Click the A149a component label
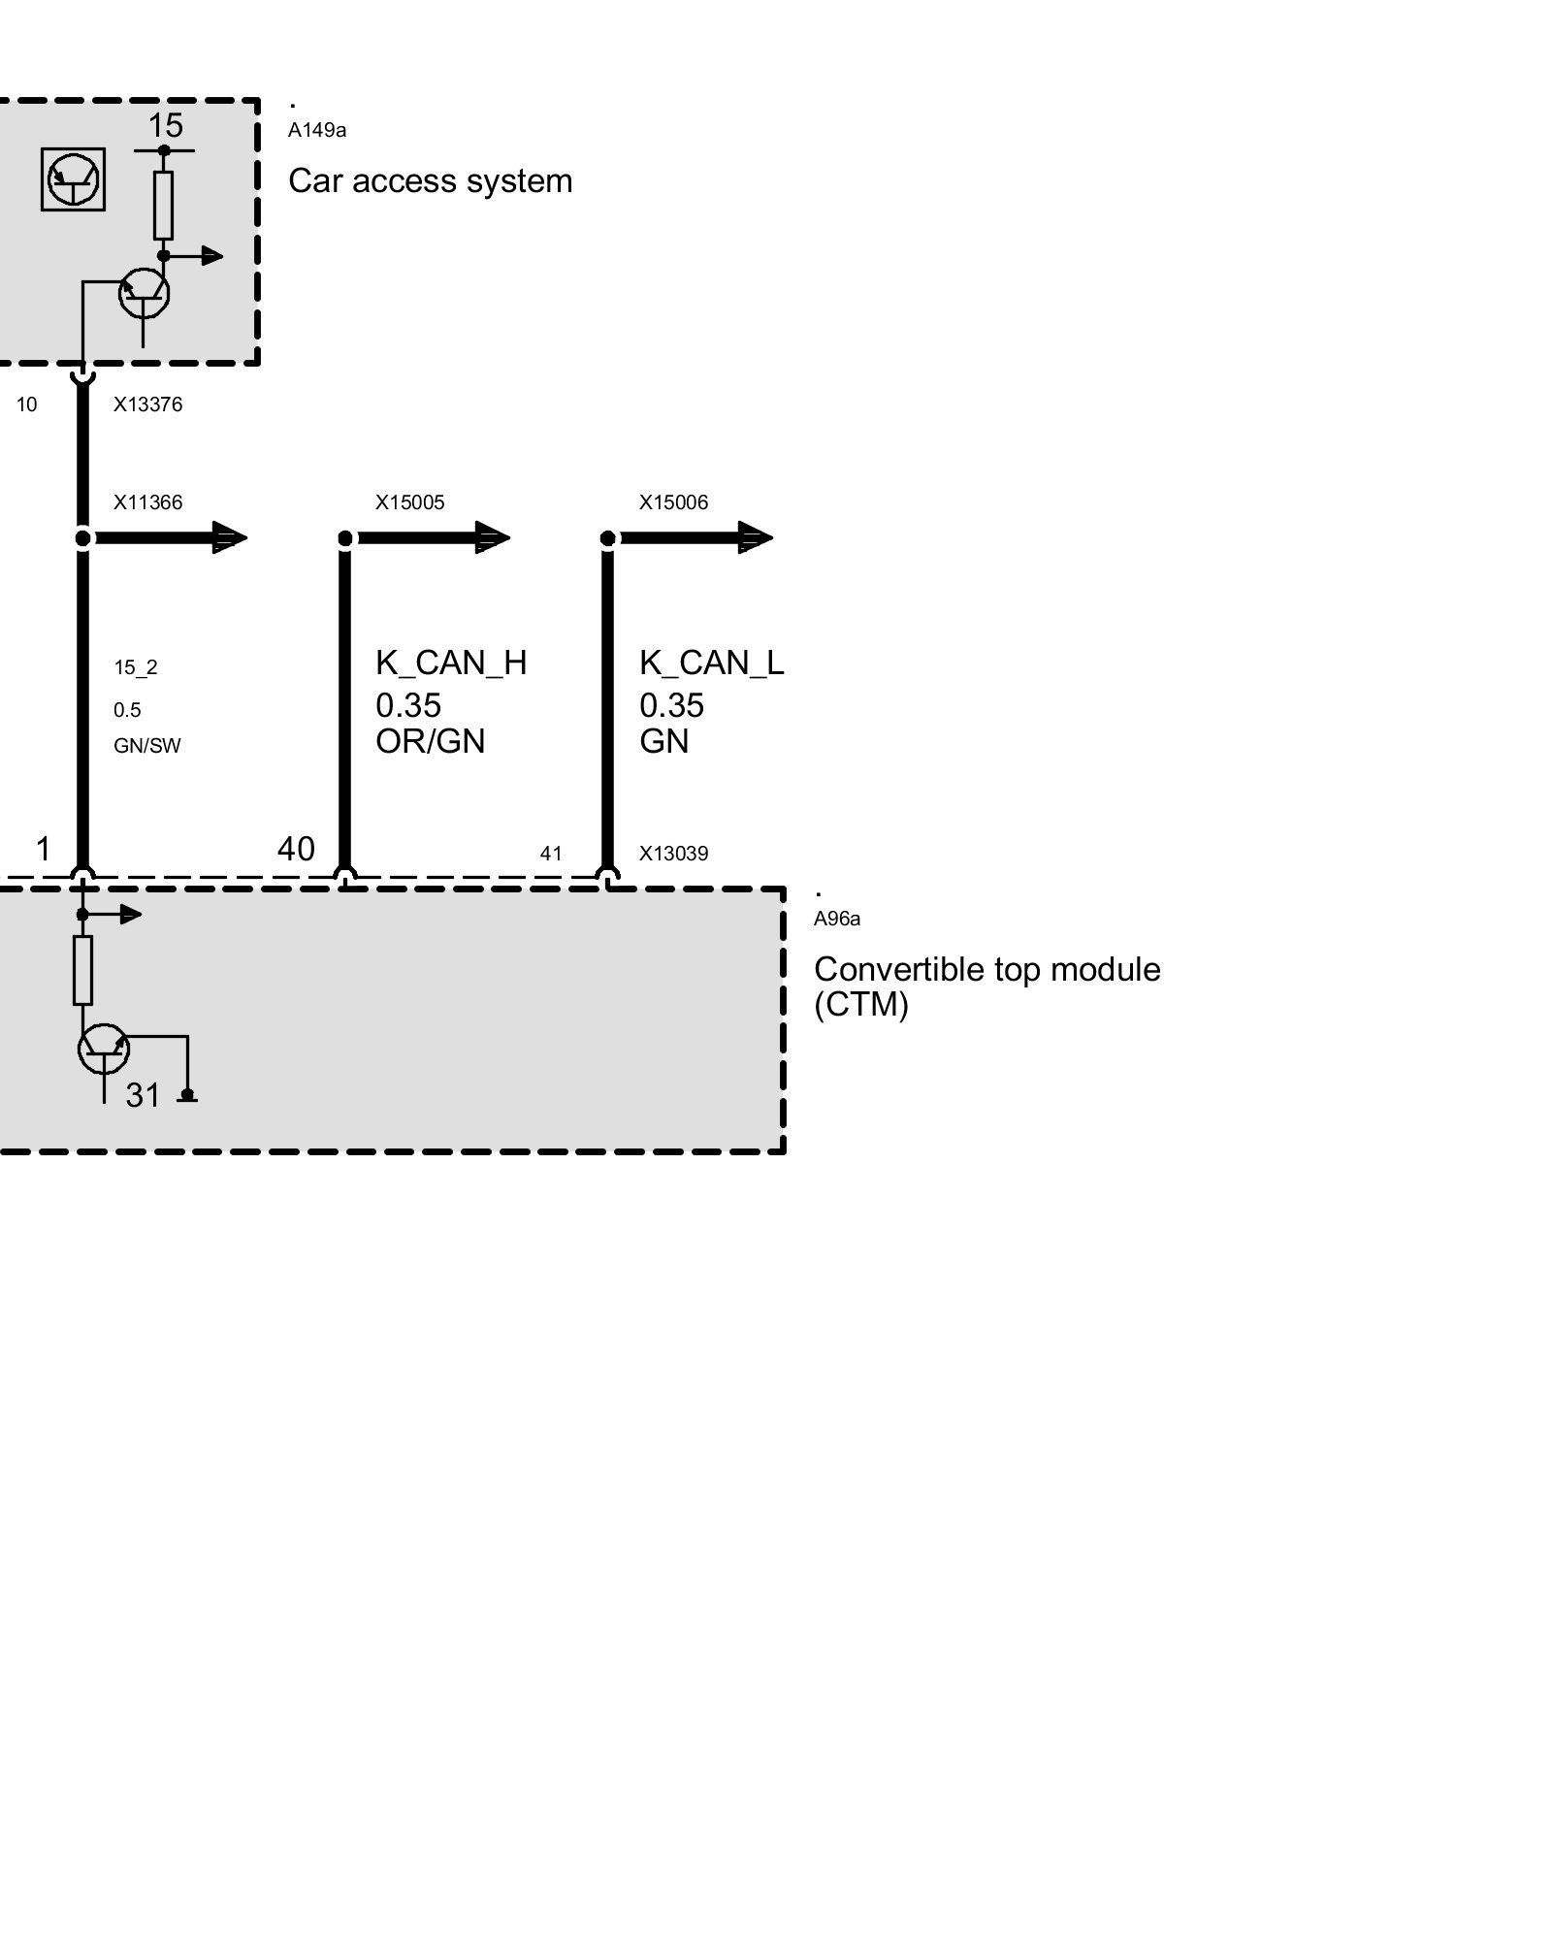click(x=317, y=130)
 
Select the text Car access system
click(x=430, y=181)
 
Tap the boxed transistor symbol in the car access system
click(x=73, y=178)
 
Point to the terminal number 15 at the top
click(x=165, y=125)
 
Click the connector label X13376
click(x=147, y=404)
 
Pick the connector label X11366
click(x=147, y=502)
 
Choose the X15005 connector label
click(x=409, y=502)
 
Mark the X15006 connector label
click(x=673, y=502)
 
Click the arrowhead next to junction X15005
click(x=492, y=537)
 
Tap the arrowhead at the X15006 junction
click(x=755, y=537)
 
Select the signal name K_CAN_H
click(x=451, y=663)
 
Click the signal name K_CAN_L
click(x=711, y=663)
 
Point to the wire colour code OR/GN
click(x=430, y=742)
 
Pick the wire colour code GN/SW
click(x=146, y=746)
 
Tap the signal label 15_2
click(x=135, y=667)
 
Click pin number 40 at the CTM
click(x=296, y=850)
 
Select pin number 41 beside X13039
click(x=551, y=854)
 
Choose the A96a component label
click(x=836, y=919)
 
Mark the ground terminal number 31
click(x=143, y=1095)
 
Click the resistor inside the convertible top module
click(x=83, y=970)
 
